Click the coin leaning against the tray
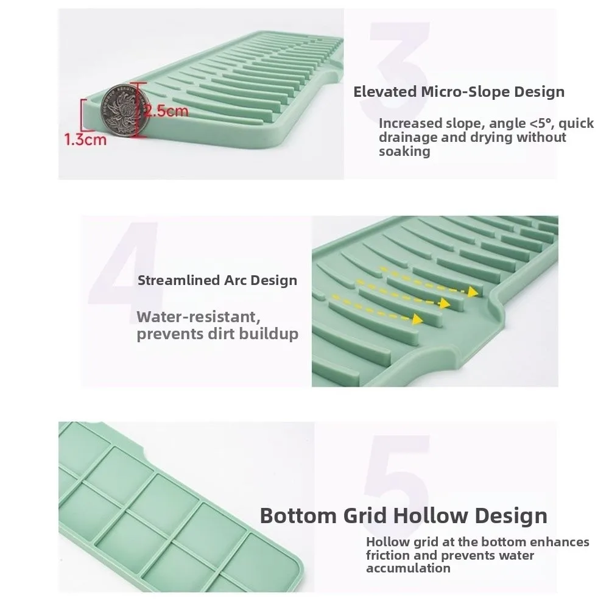121,110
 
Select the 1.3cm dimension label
86,139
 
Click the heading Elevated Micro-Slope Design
459,92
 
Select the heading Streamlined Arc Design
217,281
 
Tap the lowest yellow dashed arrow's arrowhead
418,319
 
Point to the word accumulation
408,569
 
